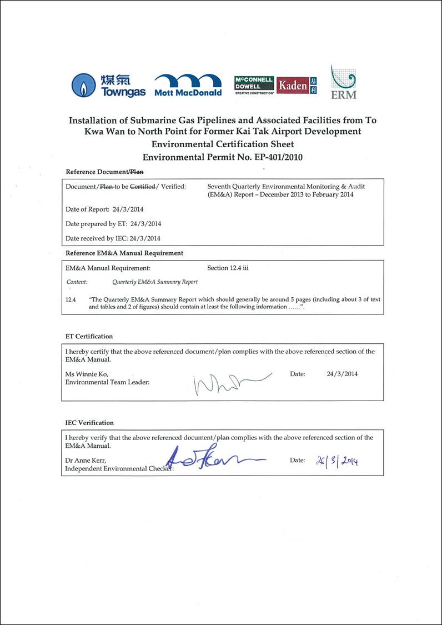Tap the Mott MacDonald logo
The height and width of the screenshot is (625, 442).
click(188, 85)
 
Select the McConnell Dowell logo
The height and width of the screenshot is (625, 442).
click(254, 85)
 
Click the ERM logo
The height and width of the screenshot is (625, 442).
click(343, 82)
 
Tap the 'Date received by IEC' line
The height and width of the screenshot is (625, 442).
click(113, 238)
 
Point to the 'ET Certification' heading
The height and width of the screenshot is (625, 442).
click(89, 336)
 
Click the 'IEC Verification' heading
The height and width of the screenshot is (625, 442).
click(89, 423)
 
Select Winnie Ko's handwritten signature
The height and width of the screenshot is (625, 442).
click(229, 383)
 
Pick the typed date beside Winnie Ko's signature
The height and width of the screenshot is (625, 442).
click(342, 374)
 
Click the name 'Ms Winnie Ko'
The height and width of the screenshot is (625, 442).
click(87, 374)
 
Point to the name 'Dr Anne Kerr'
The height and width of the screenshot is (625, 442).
click(86, 461)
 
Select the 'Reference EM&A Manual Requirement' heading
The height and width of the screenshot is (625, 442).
click(124, 253)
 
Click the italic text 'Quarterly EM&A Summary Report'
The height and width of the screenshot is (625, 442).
click(155, 282)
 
